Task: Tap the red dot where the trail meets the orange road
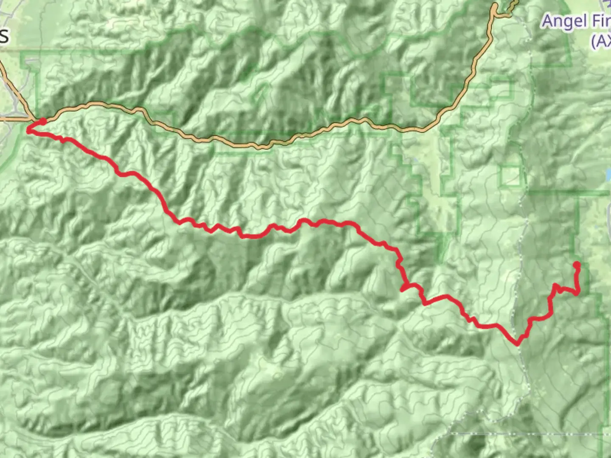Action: point(43,122)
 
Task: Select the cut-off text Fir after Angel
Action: point(600,21)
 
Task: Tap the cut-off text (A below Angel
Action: point(600,41)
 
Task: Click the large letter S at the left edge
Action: point(4,36)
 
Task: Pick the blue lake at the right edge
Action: point(608,174)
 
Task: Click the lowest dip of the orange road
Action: point(263,147)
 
